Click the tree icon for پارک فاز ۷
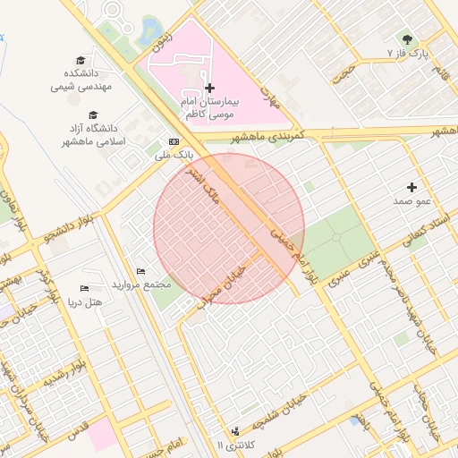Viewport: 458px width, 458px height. coord(408,39)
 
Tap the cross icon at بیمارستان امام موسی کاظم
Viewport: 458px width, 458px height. coord(210,88)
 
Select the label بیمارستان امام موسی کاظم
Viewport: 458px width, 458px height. coord(209,109)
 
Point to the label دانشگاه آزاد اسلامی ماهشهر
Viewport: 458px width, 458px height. coord(93,136)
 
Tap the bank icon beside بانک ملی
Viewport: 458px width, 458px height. coord(173,141)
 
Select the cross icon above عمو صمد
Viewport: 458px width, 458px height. coord(411,187)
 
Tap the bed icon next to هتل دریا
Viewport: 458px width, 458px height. coord(84,289)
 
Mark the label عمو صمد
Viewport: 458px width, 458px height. coord(412,202)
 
